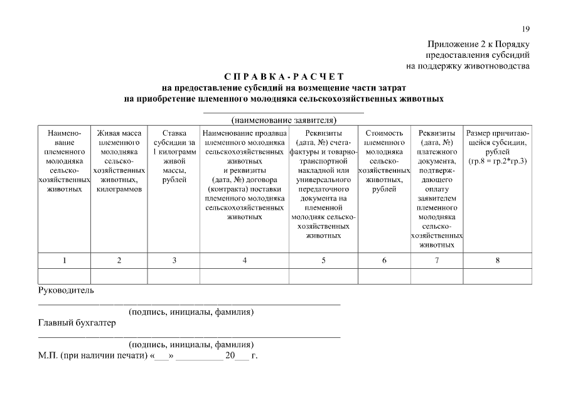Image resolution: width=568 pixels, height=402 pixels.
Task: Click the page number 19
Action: coord(526,29)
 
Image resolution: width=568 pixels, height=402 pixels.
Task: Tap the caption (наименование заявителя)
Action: coord(284,119)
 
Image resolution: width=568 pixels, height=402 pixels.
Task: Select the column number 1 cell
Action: coord(65,261)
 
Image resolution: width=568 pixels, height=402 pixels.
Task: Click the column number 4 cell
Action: coord(244,261)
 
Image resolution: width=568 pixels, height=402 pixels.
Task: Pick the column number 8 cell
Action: coord(498,261)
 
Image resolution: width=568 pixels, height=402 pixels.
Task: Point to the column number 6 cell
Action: coord(383,261)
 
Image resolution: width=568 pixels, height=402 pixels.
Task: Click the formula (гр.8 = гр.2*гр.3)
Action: coord(498,161)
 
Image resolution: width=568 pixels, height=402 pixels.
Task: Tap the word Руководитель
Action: coord(66,291)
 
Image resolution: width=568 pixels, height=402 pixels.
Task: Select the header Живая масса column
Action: coord(119,161)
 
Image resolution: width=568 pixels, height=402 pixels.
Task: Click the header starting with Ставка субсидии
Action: coord(174,156)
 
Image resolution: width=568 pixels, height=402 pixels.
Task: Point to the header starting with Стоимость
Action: coord(383,161)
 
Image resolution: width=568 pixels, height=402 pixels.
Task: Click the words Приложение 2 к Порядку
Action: coord(479,44)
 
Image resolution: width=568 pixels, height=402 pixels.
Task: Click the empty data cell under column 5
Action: coord(323,276)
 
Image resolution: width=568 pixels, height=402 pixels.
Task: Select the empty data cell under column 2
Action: coord(119,276)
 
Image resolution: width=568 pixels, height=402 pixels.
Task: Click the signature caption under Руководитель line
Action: coord(191,312)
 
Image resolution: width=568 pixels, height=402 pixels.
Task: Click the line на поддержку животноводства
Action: coord(468,65)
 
